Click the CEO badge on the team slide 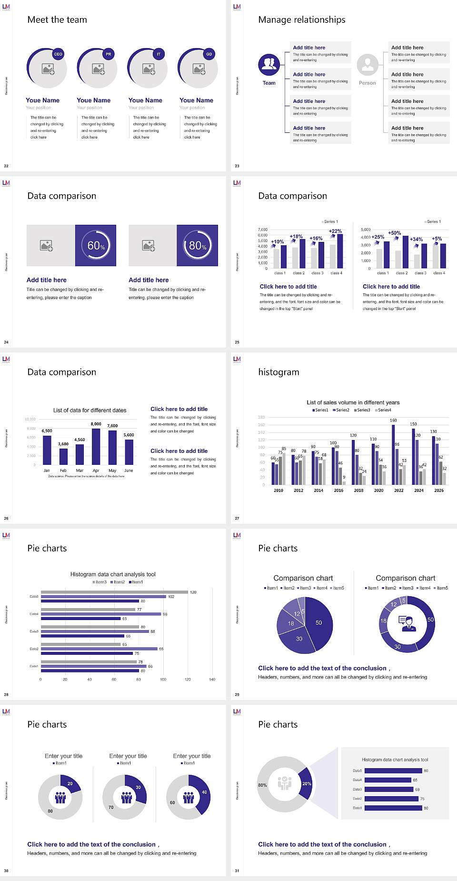coord(58,54)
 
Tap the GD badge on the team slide coord(209,54)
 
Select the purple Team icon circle coord(269,65)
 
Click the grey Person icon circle coord(368,65)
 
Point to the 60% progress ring coord(96,245)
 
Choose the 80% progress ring coord(198,245)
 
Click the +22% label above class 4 coord(335,231)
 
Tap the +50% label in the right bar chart coord(395,233)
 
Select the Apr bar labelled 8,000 coord(96,446)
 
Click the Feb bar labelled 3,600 coord(63,456)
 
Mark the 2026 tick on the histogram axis coord(439,490)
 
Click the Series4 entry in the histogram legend coord(383,410)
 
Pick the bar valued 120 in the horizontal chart coord(114,592)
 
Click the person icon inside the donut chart coord(407,623)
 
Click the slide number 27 coord(237,518)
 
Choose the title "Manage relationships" coord(302,20)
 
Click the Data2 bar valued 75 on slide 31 coord(391,799)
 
